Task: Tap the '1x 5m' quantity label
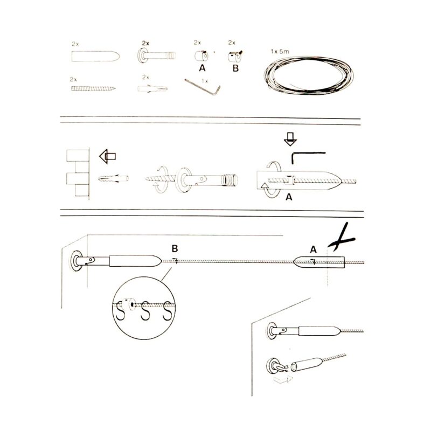point(280,51)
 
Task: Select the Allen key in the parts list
point(203,87)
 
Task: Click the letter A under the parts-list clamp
point(203,68)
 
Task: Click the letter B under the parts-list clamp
point(235,68)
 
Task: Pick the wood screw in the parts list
point(93,88)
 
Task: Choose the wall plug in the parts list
point(152,88)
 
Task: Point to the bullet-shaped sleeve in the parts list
point(96,56)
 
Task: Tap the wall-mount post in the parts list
point(156,55)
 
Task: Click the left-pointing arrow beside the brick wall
point(107,156)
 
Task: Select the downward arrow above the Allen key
point(290,139)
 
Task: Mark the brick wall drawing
point(78,173)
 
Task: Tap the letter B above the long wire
point(175,248)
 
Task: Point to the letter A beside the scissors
point(313,249)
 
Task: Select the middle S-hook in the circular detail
point(145,311)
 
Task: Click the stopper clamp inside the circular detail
point(128,304)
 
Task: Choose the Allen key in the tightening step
point(308,158)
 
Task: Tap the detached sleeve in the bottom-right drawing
point(307,365)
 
